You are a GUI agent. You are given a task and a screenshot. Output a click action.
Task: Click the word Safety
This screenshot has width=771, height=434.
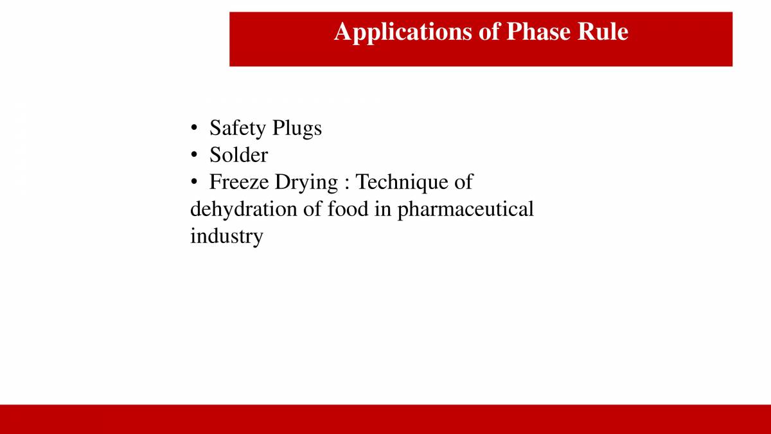(x=238, y=128)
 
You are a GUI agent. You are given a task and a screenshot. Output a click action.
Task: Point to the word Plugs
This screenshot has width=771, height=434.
(x=297, y=128)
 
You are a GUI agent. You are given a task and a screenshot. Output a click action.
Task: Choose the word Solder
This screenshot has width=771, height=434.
(x=238, y=155)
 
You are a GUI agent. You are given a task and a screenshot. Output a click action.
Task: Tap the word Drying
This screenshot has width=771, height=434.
(x=306, y=183)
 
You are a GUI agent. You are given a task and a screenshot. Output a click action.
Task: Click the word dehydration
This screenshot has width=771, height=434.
(x=244, y=209)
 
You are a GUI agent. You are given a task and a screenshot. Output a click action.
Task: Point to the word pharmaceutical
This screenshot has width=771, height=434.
(x=465, y=210)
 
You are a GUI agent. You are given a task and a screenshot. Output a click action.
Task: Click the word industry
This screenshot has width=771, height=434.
(x=226, y=236)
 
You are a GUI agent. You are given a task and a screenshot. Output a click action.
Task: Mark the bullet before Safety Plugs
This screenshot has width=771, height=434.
(x=193, y=129)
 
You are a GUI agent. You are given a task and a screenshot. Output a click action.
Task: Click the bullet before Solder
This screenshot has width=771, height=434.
(x=193, y=156)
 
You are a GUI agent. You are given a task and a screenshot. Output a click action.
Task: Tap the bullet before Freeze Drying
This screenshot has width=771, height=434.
(x=193, y=183)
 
